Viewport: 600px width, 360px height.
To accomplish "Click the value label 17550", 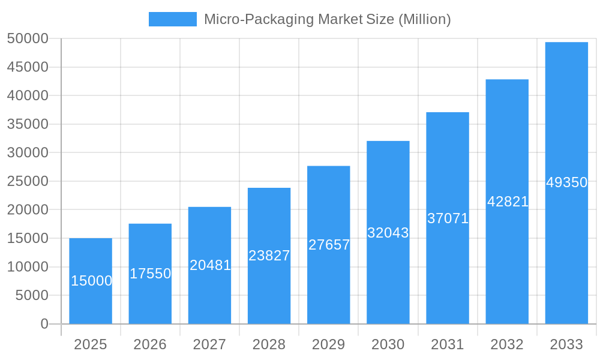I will coord(150,274).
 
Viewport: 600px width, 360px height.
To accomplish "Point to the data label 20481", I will coord(210,265).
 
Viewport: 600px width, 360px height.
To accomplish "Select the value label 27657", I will coord(329,245).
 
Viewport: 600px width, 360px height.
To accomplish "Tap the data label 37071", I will coord(448,218).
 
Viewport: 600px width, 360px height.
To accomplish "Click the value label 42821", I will coord(508,202).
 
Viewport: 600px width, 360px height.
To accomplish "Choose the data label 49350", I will coord(566,182).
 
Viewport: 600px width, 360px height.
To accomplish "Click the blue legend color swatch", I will coord(172,19).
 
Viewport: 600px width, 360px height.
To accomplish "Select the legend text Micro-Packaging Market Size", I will coord(327,19).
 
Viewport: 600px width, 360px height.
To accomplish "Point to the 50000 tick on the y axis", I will coord(27,38).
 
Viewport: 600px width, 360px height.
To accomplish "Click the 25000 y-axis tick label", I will coord(27,181).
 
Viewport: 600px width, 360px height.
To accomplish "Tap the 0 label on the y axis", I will coord(44,324).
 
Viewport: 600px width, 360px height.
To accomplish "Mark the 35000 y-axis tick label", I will coord(27,124).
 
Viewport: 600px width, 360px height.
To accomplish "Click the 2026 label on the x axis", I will coord(150,344).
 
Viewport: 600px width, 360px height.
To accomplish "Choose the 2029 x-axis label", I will coord(329,344).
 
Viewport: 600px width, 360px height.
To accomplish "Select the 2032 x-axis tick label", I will coord(507,344).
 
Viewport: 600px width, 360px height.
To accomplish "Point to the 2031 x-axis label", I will coord(448,344).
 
